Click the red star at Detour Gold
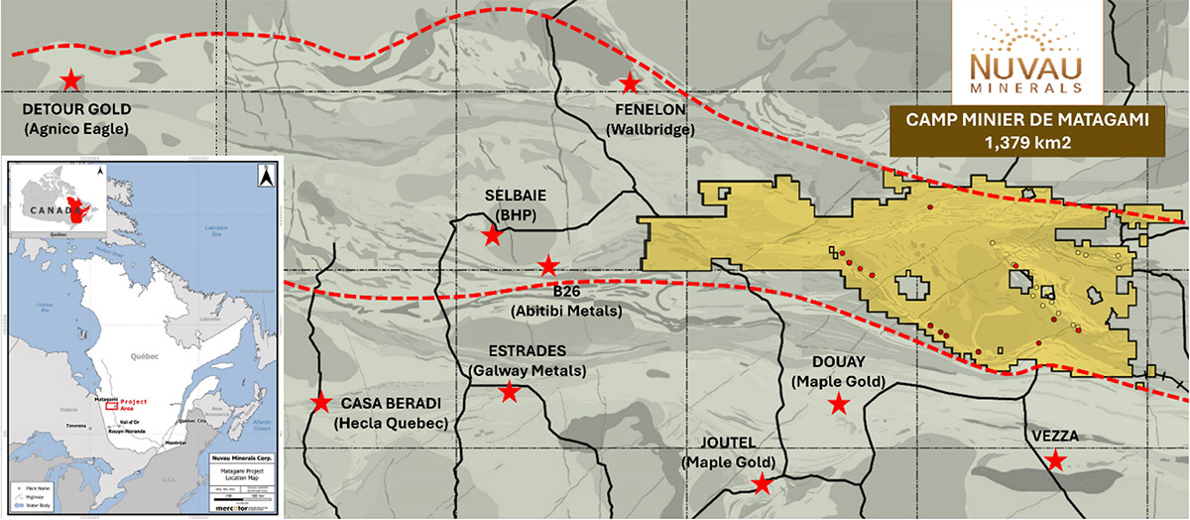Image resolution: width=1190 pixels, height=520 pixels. [x=71, y=80]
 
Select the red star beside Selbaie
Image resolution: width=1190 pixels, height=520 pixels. [x=492, y=235]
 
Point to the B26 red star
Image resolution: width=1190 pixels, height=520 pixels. [x=547, y=265]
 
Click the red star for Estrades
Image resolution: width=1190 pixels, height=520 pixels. [x=509, y=392]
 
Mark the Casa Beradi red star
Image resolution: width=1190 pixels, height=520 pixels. [x=321, y=403]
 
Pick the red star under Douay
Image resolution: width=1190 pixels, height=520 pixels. [x=839, y=403]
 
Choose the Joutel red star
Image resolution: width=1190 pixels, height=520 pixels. [x=762, y=483]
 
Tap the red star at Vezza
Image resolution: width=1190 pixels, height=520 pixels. [x=1057, y=460]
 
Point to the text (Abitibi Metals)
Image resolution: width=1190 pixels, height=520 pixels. [x=566, y=311]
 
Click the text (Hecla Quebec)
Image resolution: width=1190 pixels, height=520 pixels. [x=392, y=423]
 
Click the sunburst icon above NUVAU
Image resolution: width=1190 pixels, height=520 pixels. [x=1025, y=30]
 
